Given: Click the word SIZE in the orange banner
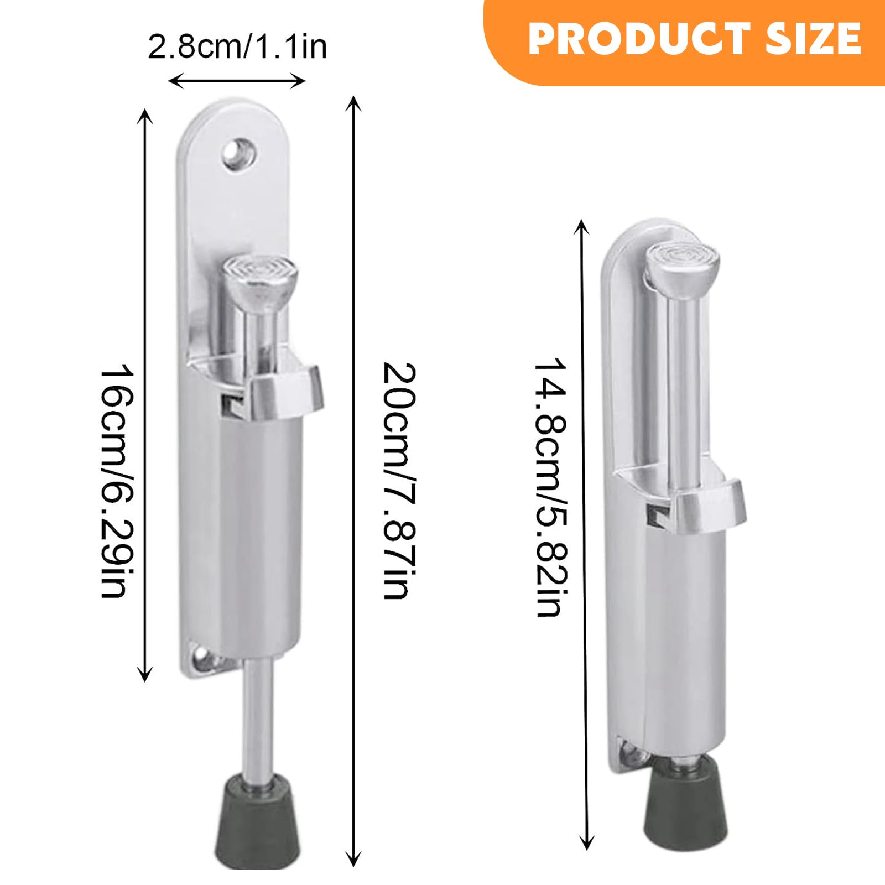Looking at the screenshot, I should coord(813,39).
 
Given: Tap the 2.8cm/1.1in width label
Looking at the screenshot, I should coord(237,47).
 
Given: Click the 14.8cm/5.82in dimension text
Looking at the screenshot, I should coord(551,487).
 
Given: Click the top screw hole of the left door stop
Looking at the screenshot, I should coord(239,153).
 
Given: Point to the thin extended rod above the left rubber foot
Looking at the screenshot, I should coord(259,719).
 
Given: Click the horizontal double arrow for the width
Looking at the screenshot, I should coord(237,82).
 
